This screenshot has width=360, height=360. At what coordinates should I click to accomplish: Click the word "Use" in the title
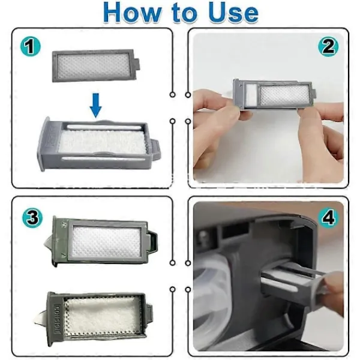(234, 13)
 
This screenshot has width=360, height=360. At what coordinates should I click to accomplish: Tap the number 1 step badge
(31, 47)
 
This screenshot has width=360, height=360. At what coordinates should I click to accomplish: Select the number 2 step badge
(328, 47)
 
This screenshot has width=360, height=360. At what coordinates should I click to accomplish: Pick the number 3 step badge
(32, 218)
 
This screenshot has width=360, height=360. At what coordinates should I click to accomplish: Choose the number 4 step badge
(328, 218)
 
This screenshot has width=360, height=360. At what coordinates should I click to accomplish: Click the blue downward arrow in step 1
(95, 106)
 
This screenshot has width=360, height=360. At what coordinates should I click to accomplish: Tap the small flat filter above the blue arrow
(96, 65)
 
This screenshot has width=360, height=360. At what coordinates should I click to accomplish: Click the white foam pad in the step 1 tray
(103, 142)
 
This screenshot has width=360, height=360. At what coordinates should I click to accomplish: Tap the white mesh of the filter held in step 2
(284, 95)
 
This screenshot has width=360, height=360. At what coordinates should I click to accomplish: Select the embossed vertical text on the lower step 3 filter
(56, 316)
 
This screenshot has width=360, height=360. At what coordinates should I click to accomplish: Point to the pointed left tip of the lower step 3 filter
(35, 323)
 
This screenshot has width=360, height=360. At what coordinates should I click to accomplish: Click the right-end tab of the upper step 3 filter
(152, 242)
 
